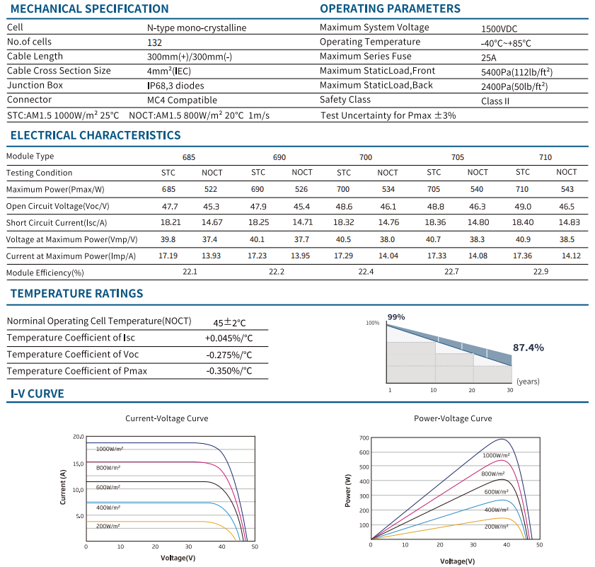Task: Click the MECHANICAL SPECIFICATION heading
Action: [x=89, y=8]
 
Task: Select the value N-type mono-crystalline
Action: [x=197, y=28]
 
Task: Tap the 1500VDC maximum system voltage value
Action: [x=499, y=29]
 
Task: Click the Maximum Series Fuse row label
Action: [x=366, y=56]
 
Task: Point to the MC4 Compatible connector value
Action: [x=182, y=101]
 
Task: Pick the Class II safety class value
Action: [x=495, y=101]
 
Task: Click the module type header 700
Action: [x=366, y=157]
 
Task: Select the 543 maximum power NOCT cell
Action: [x=567, y=189]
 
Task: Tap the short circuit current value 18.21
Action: [x=171, y=222]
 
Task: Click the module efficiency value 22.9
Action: [x=541, y=272]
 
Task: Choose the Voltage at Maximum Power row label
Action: [x=71, y=240]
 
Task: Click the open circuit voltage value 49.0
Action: [x=523, y=207]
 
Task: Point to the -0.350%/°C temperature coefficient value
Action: [x=229, y=371]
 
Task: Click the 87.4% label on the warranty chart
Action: [x=528, y=348]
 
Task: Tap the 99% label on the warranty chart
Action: [x=396, y=317]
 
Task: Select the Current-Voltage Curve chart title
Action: [x=166, y=418]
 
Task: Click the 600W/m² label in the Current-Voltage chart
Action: [x=108, y=487]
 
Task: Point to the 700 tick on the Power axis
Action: [x=364, y=438]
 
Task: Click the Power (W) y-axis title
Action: [x=347, y=491]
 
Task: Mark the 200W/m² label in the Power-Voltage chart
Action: [x=497, y=527]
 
